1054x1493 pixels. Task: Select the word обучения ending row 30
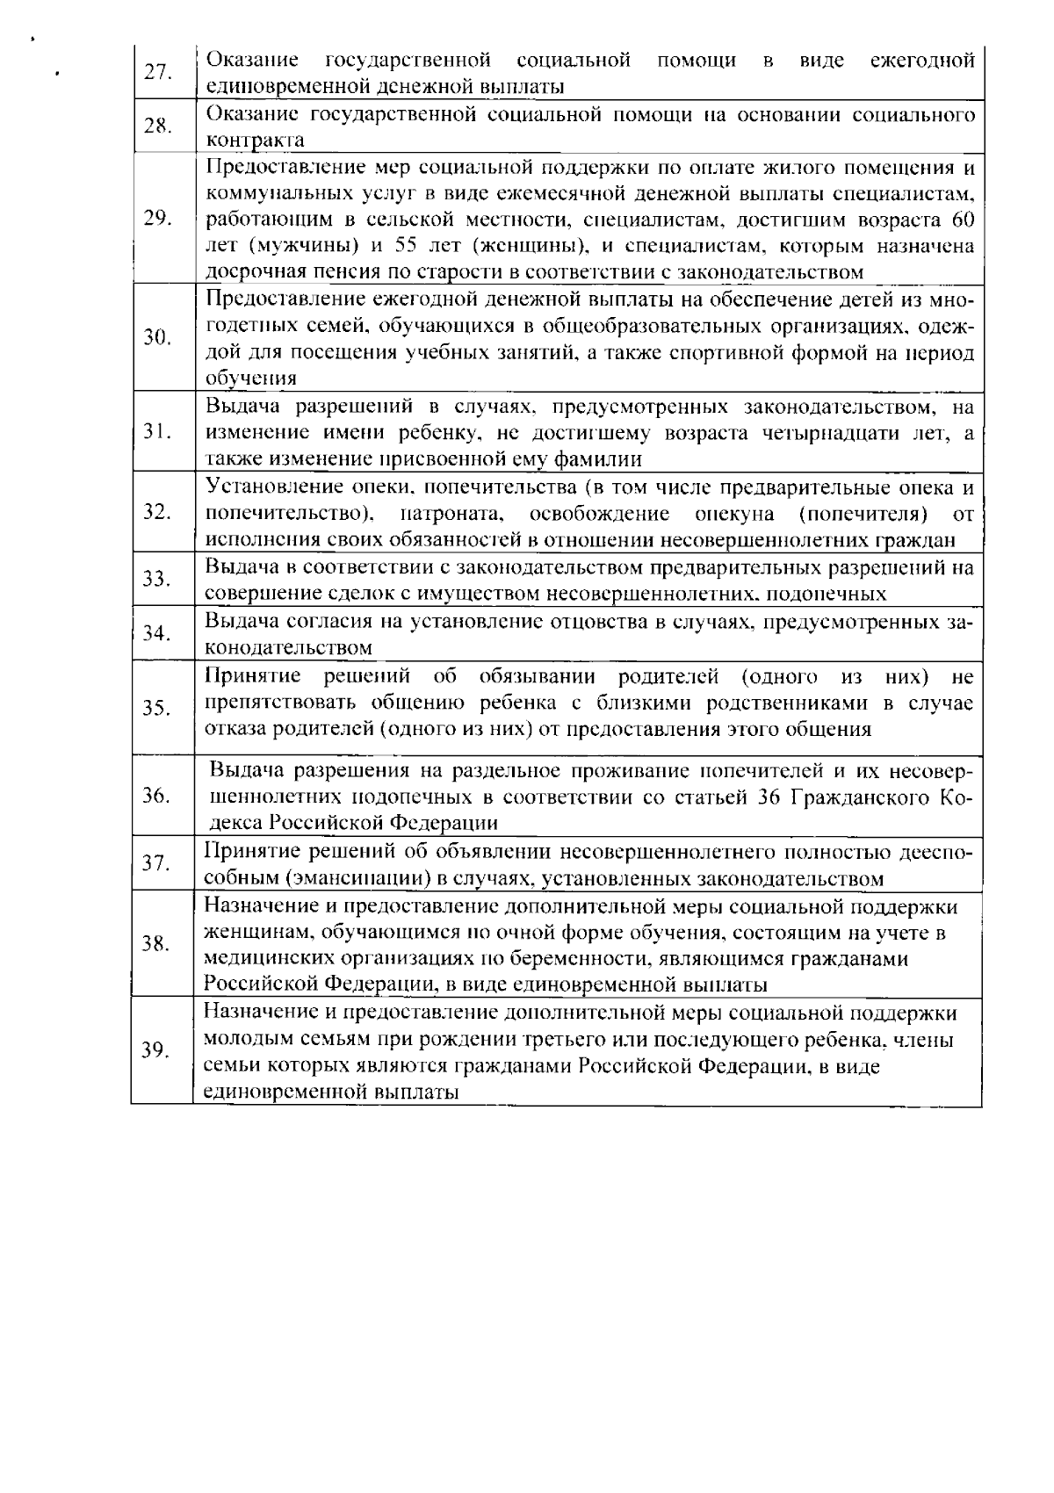click(x=250, y=379)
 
